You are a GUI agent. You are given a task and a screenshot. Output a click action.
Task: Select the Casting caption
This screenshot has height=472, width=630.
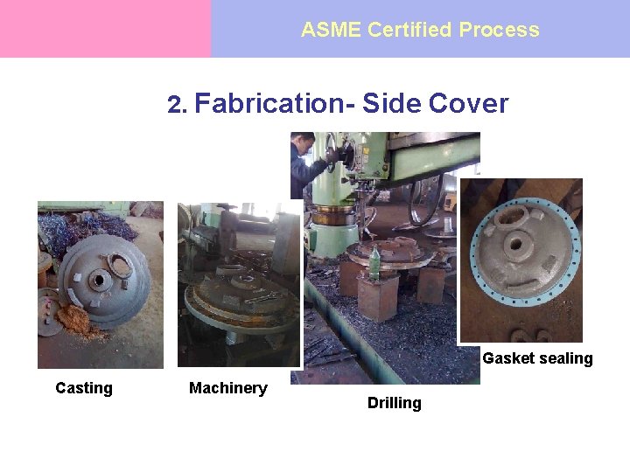point(84,388)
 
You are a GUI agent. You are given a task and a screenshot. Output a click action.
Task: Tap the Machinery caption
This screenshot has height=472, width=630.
point(228,388)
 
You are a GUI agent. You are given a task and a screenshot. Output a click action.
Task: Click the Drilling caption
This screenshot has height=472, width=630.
point(394,403)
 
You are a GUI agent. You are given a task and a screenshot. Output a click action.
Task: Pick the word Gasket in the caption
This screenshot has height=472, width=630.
point(507,358)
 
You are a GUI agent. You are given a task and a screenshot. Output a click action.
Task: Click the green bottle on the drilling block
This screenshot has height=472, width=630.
point(374,263)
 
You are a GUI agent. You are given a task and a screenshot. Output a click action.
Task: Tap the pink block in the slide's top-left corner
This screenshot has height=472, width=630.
point(105,29)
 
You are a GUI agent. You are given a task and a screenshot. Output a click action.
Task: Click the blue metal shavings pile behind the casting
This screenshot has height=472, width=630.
point(87,229)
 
